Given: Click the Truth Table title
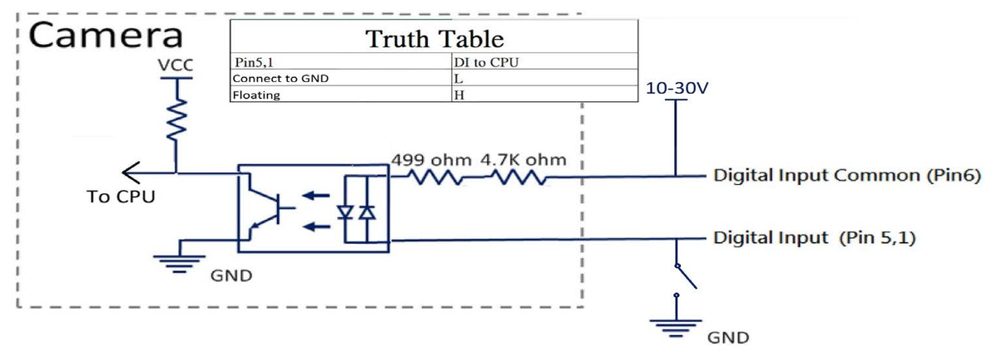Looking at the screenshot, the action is click(x=434, y=39).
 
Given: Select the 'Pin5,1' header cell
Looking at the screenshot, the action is click(x=254, y=62).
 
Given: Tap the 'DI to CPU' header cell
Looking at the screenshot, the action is click(x=487, y=62).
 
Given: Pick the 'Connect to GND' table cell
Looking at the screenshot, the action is click(x=280, y=79).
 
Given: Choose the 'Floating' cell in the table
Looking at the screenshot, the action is click(x=256, y=95).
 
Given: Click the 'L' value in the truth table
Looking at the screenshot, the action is click(x=459, y=79).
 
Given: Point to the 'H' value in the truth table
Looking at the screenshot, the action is click(x=459, y=95).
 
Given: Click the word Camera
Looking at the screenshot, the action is click(x=106, y=36).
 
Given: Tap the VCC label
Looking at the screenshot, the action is click(x=176, y=66).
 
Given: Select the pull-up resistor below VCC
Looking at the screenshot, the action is click(x=177, y=120).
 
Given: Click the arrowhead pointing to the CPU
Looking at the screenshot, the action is click(x=131, y=173).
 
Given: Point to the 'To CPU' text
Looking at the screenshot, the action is click(x=121, y=197).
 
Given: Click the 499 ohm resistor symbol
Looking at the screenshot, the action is click(x=434, y=178).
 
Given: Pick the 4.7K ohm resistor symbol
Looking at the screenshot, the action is click(x=518, y=178).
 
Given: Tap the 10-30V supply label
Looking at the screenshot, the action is click(x=677, y=88).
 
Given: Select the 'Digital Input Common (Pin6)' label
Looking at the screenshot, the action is click(x=847, y=175).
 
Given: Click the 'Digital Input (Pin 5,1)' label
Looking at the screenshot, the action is click(x=814, y=238).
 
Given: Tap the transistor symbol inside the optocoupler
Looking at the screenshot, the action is click(x=269, y=207).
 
